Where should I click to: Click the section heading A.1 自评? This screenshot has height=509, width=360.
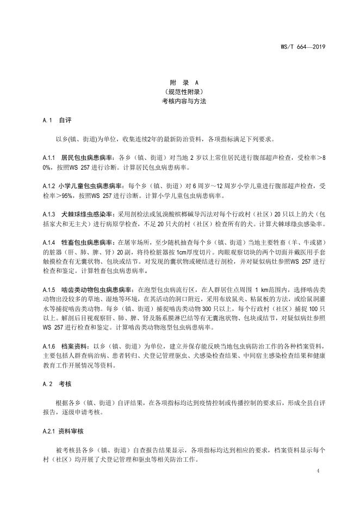coord(57,119)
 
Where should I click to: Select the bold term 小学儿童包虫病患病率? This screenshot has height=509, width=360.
coord(92,185)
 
